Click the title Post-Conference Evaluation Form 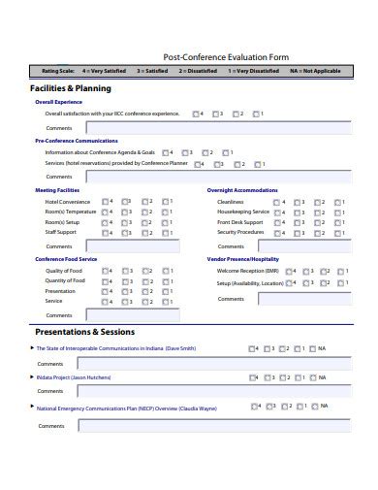click(x=225, y=57)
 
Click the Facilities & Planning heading click(x=71, y=88)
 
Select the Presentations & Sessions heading click(x=86, y=331)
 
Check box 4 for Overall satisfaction click(x=197, y=114)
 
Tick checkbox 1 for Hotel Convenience click(x=166, y=201)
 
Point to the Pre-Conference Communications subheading click(x=76, y=141)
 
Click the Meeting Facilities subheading click(x=58, y=190)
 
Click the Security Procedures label click(x=240, y=233)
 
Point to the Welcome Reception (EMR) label click(x=244, y=270)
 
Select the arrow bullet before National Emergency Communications click(x=31, y=409)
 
